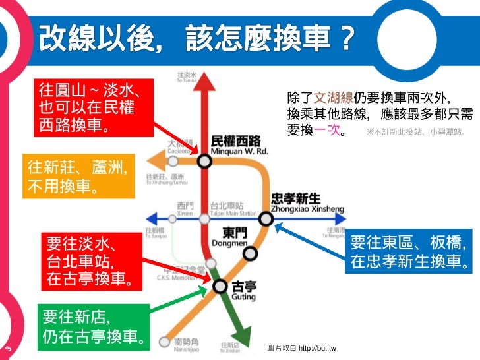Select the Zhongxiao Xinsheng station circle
tap(265, 218)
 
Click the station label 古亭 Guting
tap(244, 290)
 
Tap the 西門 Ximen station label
tap(185, 210)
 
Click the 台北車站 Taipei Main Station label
tap(232, 210)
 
